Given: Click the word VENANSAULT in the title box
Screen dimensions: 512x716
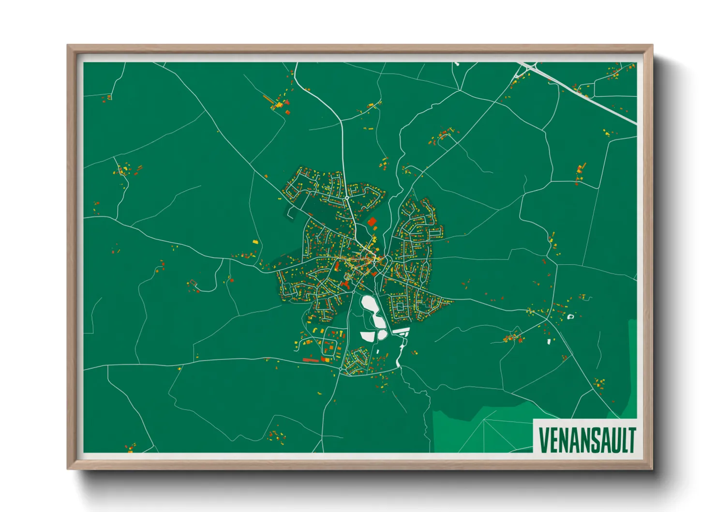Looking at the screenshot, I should click(586, 439).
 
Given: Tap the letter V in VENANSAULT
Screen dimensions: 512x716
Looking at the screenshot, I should click(543, 439).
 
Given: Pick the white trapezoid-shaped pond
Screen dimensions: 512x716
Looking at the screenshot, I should click(368, 336).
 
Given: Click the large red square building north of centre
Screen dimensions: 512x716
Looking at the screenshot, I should click(372, 222).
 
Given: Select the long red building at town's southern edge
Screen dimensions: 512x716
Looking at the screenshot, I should click(311, 360).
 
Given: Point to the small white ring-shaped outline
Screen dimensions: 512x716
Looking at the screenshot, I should click(570, 317).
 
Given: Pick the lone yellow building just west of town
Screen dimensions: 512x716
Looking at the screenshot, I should click(255, 242).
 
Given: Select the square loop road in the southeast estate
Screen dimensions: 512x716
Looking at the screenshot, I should click(400, 306).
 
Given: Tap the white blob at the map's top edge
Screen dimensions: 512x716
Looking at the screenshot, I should click(456, 63).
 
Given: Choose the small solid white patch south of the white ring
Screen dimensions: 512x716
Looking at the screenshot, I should click(549, 342).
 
